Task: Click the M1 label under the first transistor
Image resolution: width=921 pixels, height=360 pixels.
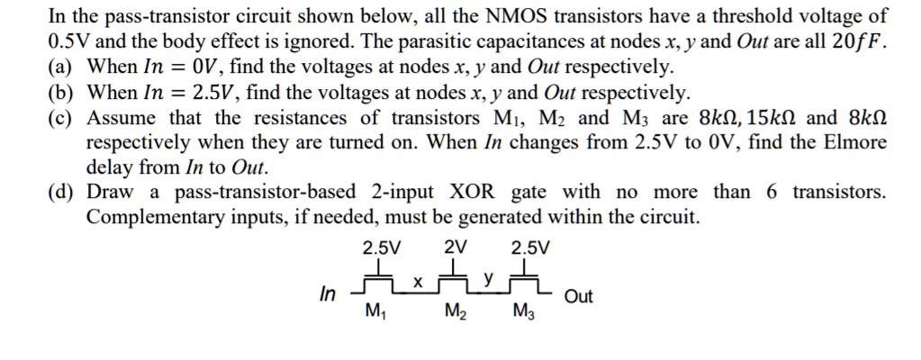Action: (374, 312)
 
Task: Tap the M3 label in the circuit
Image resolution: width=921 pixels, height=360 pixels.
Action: (523, 312)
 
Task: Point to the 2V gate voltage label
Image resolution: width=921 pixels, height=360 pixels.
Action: (456, 247)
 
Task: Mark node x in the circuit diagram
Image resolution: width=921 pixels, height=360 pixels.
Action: (417, 282)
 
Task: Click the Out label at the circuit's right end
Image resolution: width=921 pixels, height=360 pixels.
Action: (578, 298)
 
